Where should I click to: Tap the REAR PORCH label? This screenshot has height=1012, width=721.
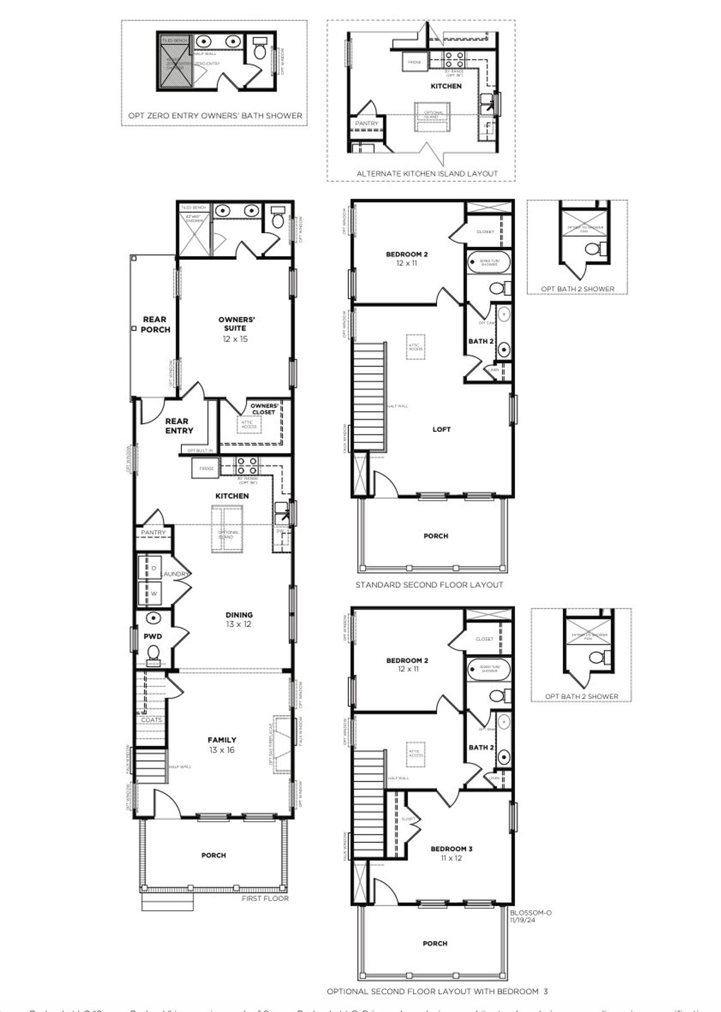(x=155, y=324)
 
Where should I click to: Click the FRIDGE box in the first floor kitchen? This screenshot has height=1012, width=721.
(x=206, y=469)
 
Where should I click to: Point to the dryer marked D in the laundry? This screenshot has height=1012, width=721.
(x=153, y=568)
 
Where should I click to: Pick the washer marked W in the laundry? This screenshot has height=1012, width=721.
(x=153, y=594)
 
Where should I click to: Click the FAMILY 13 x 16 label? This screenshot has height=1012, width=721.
(x=222, y=744)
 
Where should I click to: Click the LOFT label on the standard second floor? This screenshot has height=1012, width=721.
(x=442, y=429)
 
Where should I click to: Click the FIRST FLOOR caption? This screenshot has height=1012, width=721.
(x=265, y=898)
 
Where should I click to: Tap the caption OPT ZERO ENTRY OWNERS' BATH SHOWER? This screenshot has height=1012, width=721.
(x=215, y=115)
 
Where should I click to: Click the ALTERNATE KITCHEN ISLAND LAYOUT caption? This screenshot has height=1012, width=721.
(x=427, y=173)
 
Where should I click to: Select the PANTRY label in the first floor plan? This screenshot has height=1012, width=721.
(x=153, y=532)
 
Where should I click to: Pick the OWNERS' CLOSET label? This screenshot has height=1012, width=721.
(x=264, y=409)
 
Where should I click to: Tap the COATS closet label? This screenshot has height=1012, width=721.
(x=151, y=720)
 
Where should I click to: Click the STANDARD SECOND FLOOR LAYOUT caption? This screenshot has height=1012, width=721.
(x=429, y=585)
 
